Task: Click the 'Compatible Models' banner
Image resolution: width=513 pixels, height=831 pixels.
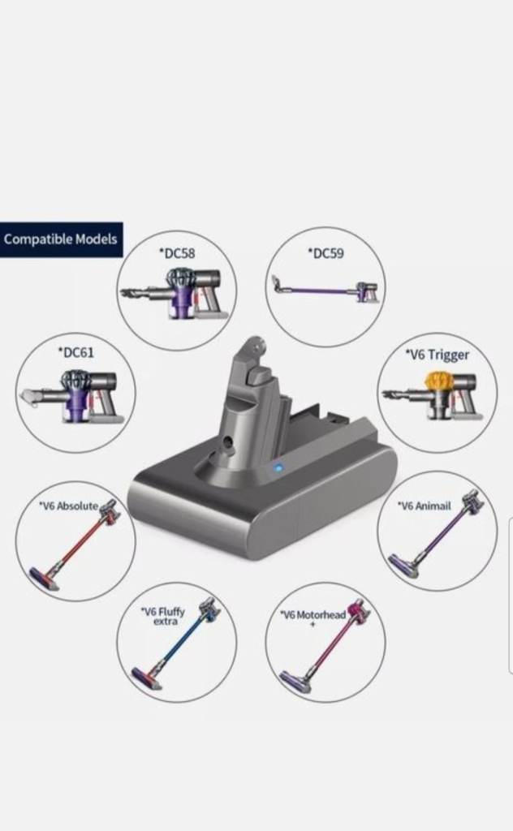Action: [x=61, y=239]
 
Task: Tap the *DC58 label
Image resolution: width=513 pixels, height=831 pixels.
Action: [x=177, y=253]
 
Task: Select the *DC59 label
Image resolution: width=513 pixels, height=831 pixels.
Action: [x=325, y=253]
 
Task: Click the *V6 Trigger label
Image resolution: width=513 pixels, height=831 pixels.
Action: [x=438, y=355]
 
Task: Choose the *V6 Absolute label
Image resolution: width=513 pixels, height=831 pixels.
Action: [x=68, y=506]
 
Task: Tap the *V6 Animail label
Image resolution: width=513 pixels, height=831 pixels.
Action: [x=424, y=506]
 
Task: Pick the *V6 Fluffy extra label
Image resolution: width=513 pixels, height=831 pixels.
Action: [x=163, y=616]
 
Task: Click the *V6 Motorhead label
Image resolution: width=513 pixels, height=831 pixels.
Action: [x=313, y=618]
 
